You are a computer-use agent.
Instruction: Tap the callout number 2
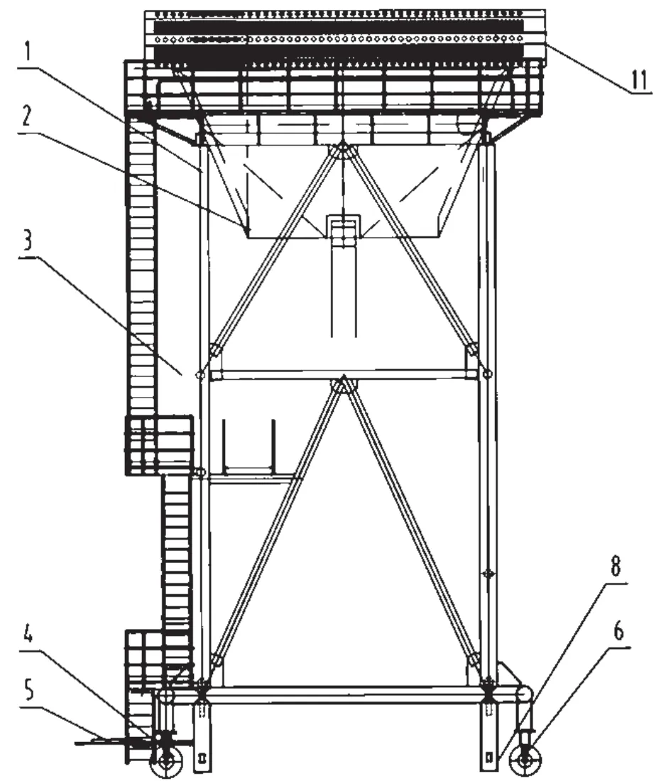tap(26, 116)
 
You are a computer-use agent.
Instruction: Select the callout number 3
tap(28, 239)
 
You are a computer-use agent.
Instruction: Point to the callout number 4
tap(28, 634)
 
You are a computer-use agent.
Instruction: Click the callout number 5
tap(29, 691)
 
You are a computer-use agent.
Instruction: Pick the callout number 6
tap(618, 631)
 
